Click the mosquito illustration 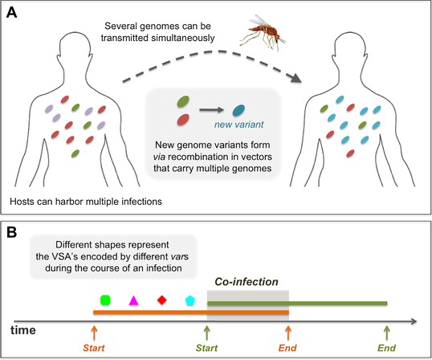tap(263, 32)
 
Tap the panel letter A tap(11, 13)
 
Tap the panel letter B tap(11, 232)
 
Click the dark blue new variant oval tap(238, 110)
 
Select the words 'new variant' tap(238, 125)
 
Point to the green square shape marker tap(105, 301)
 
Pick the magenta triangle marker tap(133, 301)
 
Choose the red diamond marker tap(162, 300)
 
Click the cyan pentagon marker tap(190, 301)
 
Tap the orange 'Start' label tap(94, 348)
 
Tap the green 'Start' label tap(206, 348)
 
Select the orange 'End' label tap(287, 348)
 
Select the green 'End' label tap(387, 348)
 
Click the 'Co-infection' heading tap(247, 282)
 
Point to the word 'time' tap(23, 330)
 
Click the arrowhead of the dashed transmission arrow tap(295, 78)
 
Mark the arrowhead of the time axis tap(414, 321)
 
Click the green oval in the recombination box tap(183, 101)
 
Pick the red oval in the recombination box tap(183, 120)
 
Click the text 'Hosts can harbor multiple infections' tap(86, 202)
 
